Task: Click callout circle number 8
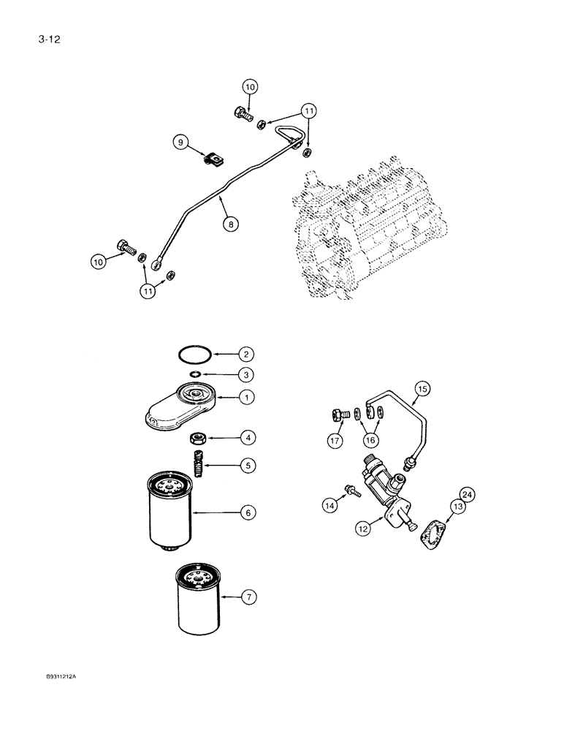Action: [231, 225]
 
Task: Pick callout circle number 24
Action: [468, 496]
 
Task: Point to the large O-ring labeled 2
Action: [197, 355]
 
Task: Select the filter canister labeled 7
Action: [197, 599]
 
